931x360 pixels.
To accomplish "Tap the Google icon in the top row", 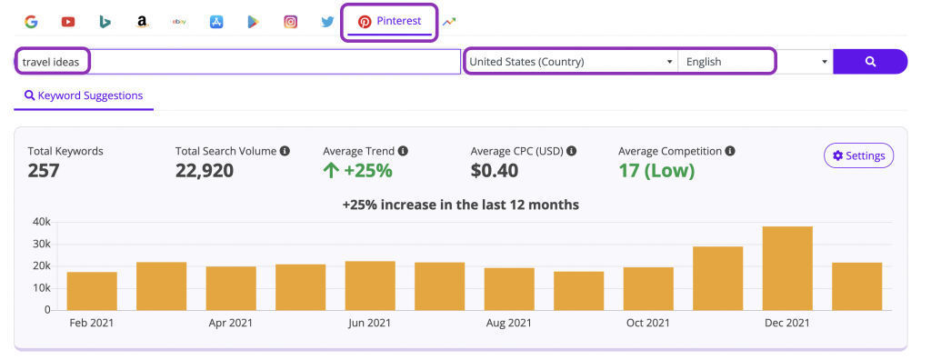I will pyautogui.click(x=31, y=22).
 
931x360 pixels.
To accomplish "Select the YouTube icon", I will pyautogui.click(x=68, y=22).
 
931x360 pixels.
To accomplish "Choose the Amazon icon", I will pyautogui.click(x=142, y=22).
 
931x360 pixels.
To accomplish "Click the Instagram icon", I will pyautogui.click(x=290, y=22).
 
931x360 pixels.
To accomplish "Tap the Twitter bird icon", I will pyautogui.click(x=327, y=22).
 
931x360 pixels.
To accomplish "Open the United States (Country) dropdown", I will pyautogui.click(x=570, y=62).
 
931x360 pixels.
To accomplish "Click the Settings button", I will pyautogui.click(x=858, y=155).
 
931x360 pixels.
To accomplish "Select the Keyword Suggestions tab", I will pyautogui.click(x=84, y=95).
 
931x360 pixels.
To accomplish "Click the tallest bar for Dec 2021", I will pyautogui.click(x=786, y=268).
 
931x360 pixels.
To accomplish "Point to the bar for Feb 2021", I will pyautogui.click(x=92, y=291).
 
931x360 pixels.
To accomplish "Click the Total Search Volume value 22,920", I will pyautogui.click(x=205, y=170).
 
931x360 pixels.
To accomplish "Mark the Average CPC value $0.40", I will pyautogui.click(x=495, y=170).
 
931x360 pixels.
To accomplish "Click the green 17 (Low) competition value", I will pyautogui.click(x=656, y=170).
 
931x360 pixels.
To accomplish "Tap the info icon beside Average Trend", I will pyautogui.click(x=403, y=151).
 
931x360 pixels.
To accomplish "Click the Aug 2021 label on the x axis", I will pyautogui.click(x=508, y=323).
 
